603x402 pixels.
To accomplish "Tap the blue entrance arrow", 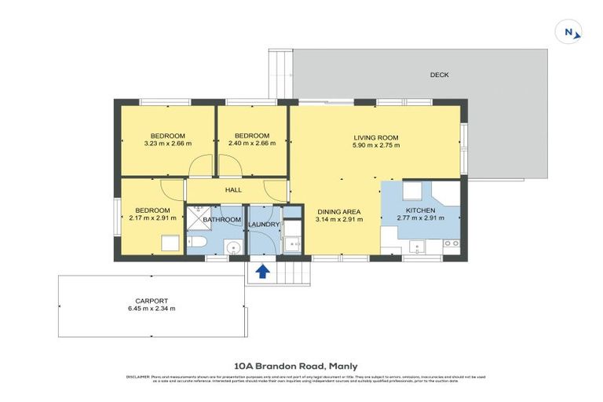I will point(262,272).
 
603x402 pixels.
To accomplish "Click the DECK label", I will point(439,75).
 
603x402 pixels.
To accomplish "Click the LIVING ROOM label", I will point(376,138).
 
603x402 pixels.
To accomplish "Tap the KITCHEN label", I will point(420,210).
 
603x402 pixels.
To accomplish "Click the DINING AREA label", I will point(338,212).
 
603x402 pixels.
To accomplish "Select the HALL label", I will point(233,190).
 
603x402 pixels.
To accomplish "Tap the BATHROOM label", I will point(222,220).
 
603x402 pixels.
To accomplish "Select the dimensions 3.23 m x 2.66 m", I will point(166,144).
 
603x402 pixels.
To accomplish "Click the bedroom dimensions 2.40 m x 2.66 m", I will point(252,144).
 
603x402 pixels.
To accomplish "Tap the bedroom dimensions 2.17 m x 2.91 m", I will point(152,218).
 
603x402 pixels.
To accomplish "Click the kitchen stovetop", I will point(451,243).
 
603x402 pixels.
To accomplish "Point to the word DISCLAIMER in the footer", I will point(137,378).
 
